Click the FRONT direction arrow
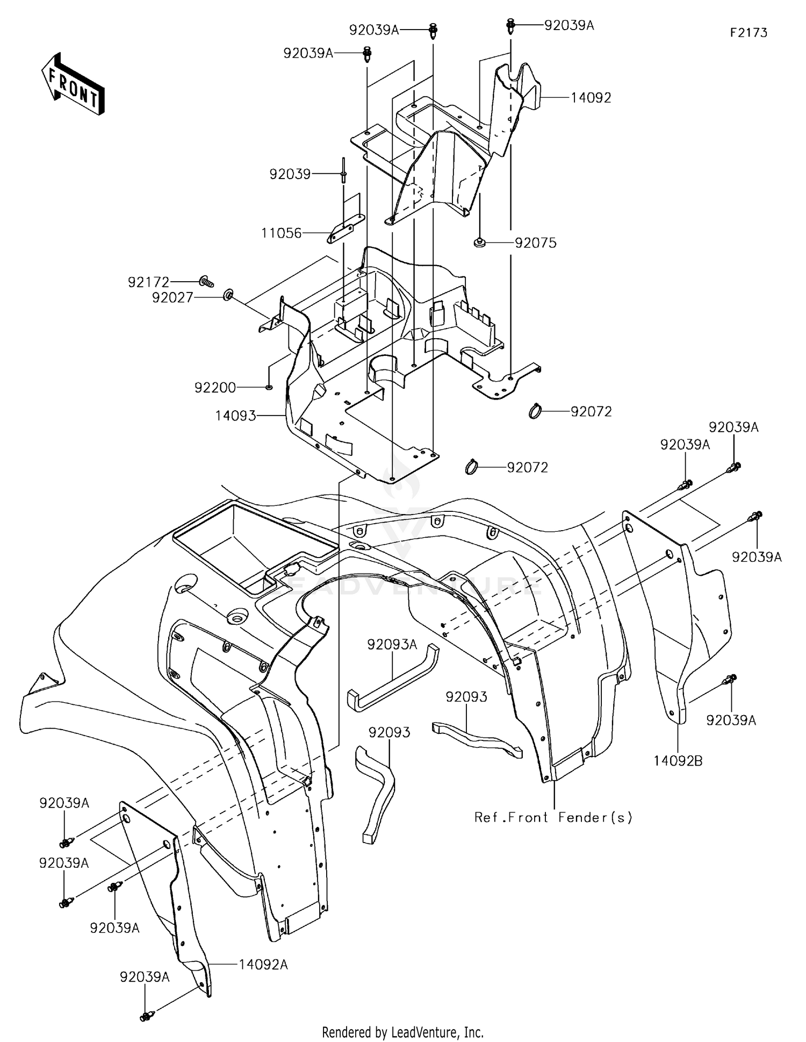click(x=73, y=84)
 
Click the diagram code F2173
click(x=749, y=33)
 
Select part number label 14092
click(x=591, y=98)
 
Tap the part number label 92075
click(x=536, y=243)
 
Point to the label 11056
click(x=282, y=233)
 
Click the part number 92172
click(x=148, y=282)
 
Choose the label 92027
click(x=172, y=297)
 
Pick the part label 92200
click(x=215, y=387)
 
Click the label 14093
click(x=236, y=416)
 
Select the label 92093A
click(x=392, y=644)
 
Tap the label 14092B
click(x=678, y=761)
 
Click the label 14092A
click(x=263, y=965)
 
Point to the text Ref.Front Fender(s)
click(x=553, y=817)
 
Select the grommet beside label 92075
click(x=480, y=243)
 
